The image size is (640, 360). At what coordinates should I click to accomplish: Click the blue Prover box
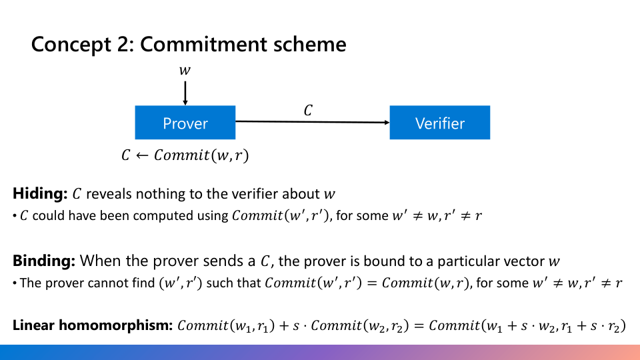coord(185,123)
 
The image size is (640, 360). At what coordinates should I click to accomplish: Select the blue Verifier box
coord(439,123)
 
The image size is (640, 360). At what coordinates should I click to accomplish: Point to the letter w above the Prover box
coord(185,69)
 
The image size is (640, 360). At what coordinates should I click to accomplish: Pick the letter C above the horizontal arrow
coord(307,111)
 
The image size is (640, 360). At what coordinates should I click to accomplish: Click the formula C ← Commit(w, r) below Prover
coord(185,156)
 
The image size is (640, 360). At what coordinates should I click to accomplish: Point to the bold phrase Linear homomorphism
coord(92,326)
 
